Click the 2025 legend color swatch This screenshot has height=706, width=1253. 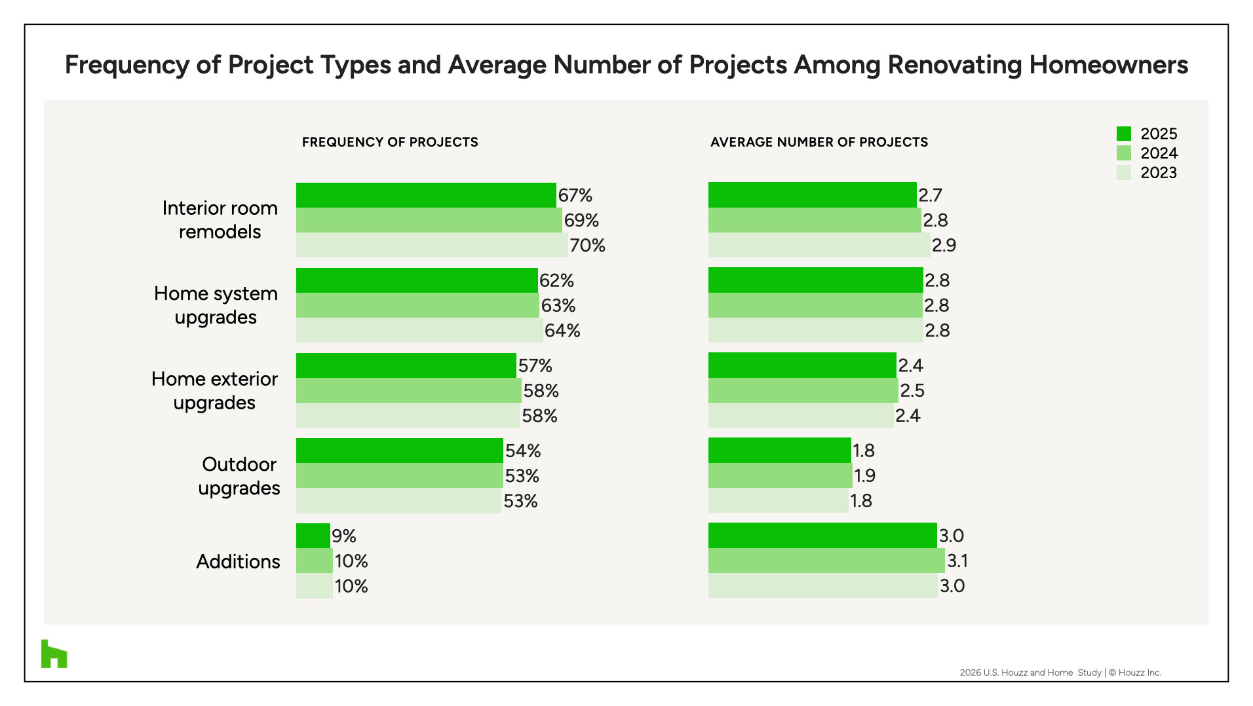[1123, 134]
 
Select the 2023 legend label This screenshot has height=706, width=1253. [1159, 173]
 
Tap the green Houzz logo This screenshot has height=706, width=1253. [54, 654]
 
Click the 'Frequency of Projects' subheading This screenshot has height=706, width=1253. [390, 142]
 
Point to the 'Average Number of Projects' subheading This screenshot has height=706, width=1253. [819, 142]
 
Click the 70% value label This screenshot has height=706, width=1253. [587, 246]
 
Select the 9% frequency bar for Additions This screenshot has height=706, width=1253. [313, 536]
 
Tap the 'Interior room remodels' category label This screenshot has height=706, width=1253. [220, 220]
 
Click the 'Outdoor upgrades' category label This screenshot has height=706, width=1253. [239, 476]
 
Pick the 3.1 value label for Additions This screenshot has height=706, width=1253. [957, 561]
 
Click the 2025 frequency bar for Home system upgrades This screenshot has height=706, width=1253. [417, 280]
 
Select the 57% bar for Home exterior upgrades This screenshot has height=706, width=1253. [406, 365]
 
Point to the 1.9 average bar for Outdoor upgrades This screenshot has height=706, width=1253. [781, 475]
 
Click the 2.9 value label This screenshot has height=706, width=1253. [944, 246]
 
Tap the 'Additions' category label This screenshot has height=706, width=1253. [239, 562]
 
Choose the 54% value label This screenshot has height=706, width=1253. [523, 451]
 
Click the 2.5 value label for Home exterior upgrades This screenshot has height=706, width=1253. [912, 391]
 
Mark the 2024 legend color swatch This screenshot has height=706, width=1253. [1123, 153]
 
